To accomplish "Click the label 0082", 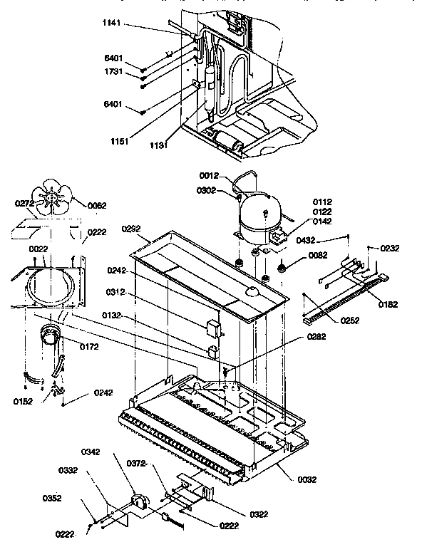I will (318, 256).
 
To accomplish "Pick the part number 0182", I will (388, 304).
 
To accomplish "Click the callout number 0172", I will (88, 346).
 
